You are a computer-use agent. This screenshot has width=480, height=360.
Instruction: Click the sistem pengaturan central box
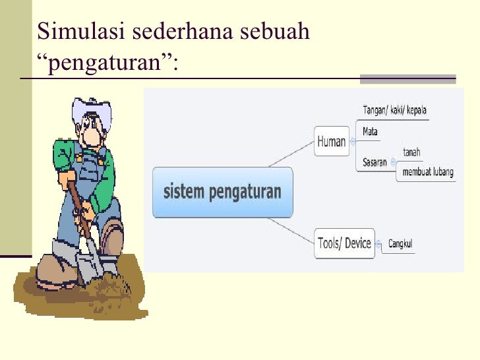(222, 193)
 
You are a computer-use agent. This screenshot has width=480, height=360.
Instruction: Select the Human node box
(331, 141)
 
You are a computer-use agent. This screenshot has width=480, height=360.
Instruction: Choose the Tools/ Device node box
(344, 243)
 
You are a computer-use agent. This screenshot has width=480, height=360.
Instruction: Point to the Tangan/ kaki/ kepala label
(394, 109)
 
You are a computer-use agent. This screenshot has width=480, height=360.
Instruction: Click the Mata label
(370, 132)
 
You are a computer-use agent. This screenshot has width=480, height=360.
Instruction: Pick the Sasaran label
(374, 162)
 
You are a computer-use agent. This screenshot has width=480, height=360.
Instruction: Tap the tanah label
(411, 152)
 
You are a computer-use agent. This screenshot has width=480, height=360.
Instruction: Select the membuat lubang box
(425, 173)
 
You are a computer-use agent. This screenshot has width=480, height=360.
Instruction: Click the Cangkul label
(400, 244)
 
